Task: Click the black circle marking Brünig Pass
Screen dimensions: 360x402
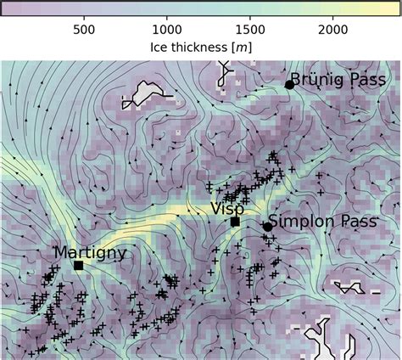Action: (289, 84)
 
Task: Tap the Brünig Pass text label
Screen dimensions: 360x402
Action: (338, 80)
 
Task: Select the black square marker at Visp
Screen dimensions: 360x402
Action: (235, 222)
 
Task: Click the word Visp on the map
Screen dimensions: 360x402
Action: (227, 208)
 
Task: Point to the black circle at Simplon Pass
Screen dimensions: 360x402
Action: (267, 226)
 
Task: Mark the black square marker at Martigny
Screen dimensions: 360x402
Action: (78, 265)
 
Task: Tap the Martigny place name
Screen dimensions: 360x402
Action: (90, 252)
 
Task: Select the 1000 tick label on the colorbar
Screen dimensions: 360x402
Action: (166, 29)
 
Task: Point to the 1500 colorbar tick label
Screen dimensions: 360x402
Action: (250, 29)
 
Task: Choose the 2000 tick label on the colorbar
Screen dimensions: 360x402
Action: (333, 29)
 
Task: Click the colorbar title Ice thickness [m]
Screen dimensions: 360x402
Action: (200, 46)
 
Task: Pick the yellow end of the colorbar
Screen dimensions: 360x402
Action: (395, 8)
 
